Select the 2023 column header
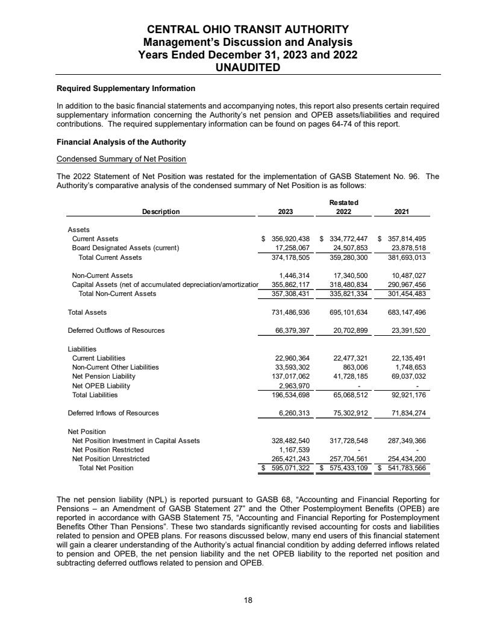[x=286, y=212]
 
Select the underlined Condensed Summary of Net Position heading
[x=121, y=159]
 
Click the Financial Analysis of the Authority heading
[x=121, y=142]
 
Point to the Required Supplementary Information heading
[x=125, y=89]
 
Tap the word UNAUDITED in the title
[x=248, y=68]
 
